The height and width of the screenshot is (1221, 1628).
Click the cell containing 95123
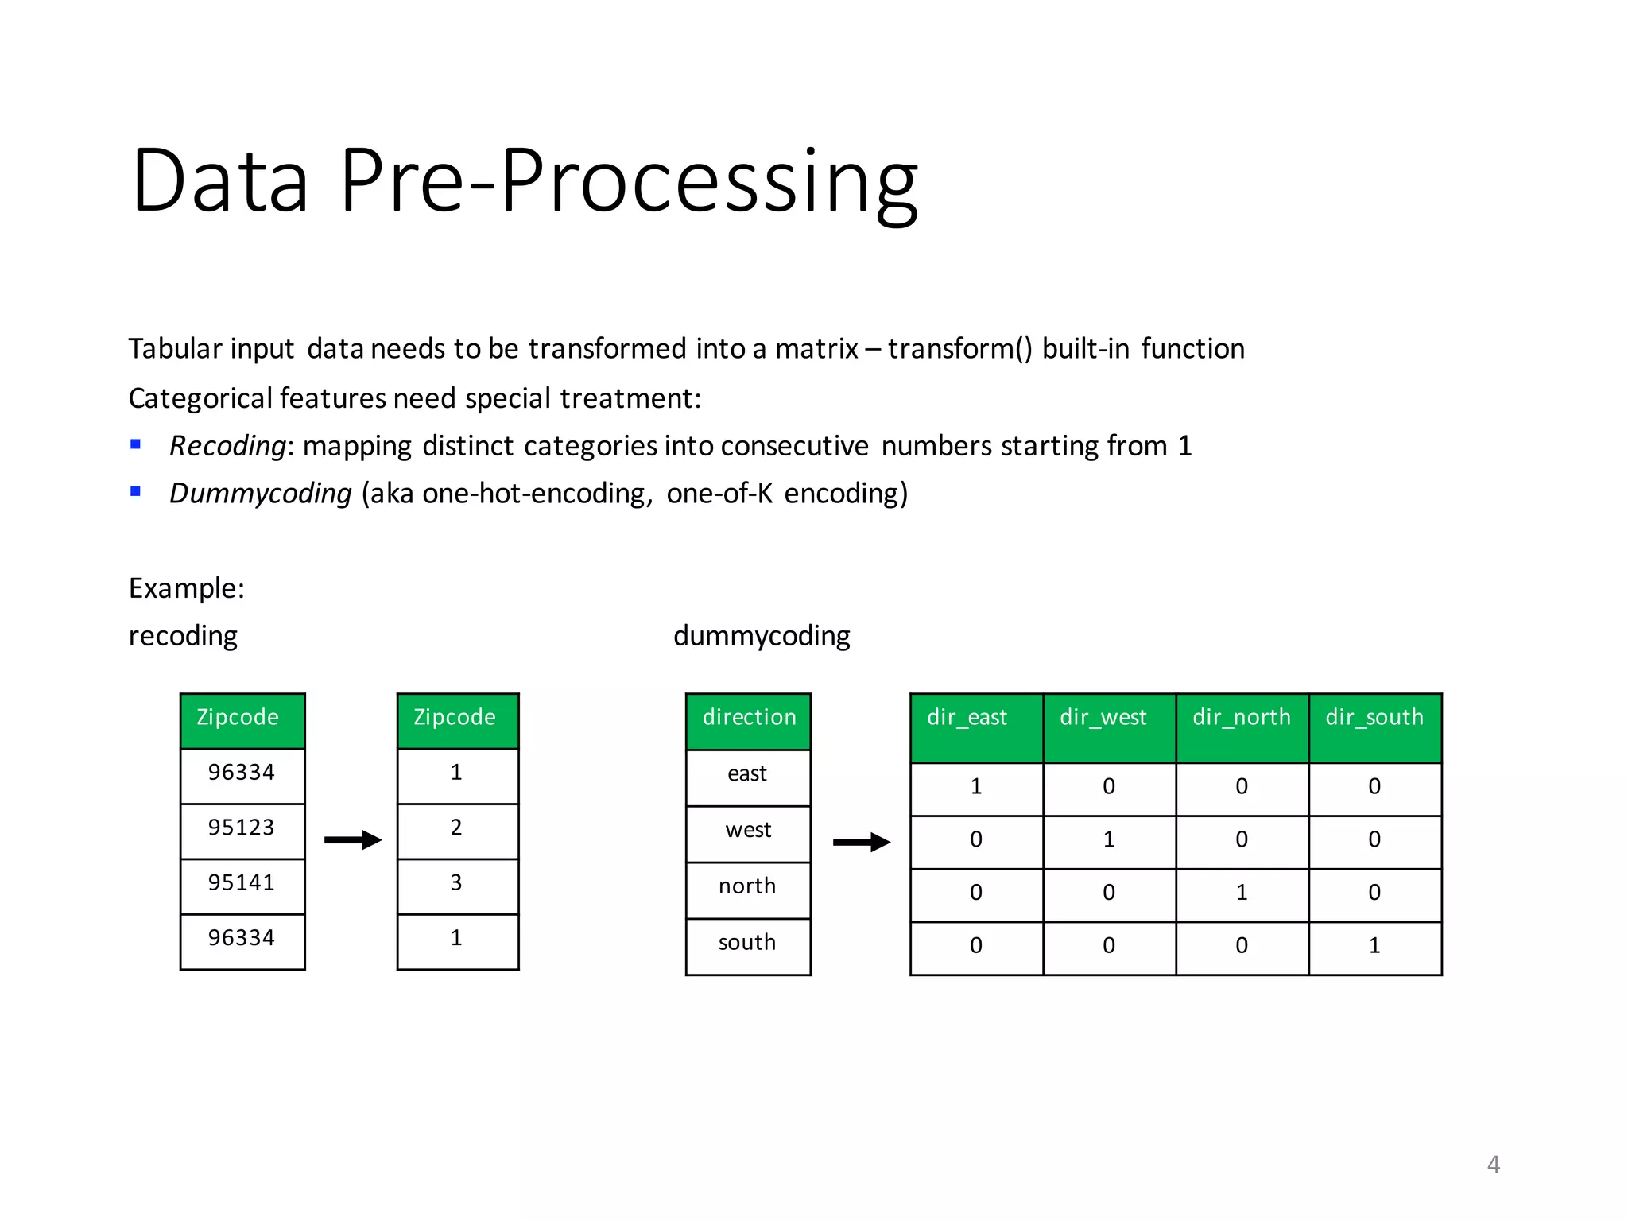pos(242,828)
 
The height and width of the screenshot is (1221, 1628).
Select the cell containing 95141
pos(242,883)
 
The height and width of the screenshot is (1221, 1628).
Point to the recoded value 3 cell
pos(457,883)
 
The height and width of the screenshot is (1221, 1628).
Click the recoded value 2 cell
pos(457,828)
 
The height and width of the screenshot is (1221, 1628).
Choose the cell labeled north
pos(748,887)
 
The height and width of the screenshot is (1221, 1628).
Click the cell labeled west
pos(748,831)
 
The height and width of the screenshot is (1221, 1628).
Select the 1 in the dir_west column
pos(1109,840)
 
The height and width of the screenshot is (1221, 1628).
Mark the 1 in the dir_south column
pos(1374,946)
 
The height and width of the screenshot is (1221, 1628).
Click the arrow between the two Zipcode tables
pos(353,839)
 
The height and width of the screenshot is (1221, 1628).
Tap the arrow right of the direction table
pos(861,842)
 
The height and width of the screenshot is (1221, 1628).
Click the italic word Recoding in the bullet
pos(227,446)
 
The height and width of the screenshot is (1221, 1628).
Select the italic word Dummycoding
pos(261,494)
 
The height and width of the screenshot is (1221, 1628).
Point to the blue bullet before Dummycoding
pos(136,491)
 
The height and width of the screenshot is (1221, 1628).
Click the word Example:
pos(187,588)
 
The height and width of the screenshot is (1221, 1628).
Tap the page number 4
pos(1493,1165)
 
